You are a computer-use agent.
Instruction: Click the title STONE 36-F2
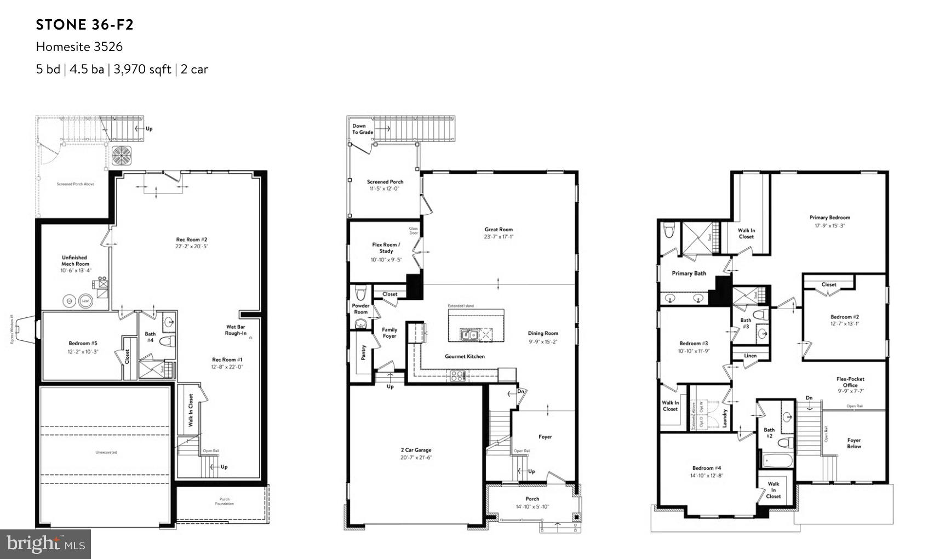click(x=85, y=25)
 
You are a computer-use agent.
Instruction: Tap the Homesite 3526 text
click(x=79, y=47)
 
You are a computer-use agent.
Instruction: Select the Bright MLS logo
click(x=45, y=544)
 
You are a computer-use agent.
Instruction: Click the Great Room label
click(x=499, y=230)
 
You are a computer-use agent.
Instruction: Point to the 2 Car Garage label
click(x=416, y=450)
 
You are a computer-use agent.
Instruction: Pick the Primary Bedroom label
click(x=829, y=218)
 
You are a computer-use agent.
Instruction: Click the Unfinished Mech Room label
click(x=75, y=260)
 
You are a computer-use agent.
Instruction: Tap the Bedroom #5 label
click(x=83, y=344)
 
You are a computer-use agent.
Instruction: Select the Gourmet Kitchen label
click(x=465, y=356)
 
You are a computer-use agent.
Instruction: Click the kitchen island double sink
click(x=470, y=334)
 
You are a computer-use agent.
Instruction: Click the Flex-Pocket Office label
click(x=850, y=382)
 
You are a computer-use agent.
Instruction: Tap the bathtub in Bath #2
click(x=777, y=460)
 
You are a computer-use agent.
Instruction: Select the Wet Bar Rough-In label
click(x=236, y=330)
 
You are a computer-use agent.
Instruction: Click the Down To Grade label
click(x=363, y=129)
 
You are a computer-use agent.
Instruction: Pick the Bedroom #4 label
click(x=707, y=468)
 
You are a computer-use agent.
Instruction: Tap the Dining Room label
click(x=543, y=333)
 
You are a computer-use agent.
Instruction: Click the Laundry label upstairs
click(x=725, y=418)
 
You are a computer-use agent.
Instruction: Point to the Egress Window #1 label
click(x=11, y=329)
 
